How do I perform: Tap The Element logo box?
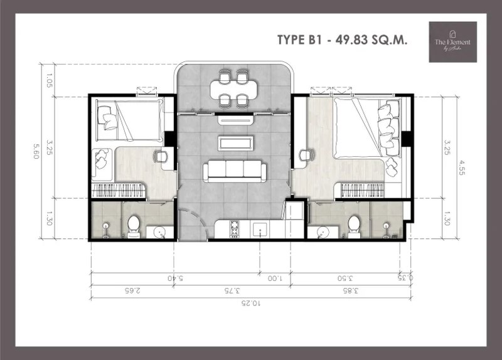pos(452,41)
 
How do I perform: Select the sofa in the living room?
pos(234,171)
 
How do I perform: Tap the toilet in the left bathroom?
pos(133,226)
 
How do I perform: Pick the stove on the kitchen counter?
pos(235,231)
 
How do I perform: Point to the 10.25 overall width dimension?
pos(251,303)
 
